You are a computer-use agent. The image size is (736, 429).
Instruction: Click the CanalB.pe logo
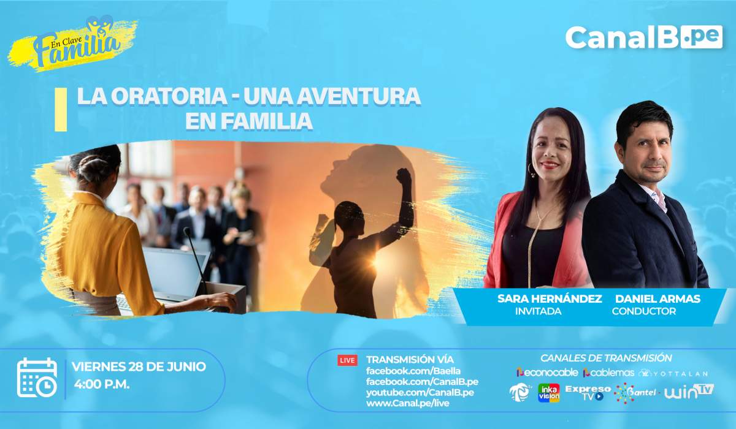[643, 37]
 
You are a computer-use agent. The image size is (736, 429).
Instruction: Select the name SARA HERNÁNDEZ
[550, 298]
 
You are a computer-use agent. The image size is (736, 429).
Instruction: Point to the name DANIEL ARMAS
[657, 298]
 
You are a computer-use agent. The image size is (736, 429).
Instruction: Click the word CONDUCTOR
[643, 311]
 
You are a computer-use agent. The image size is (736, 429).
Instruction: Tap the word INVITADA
[539, 311]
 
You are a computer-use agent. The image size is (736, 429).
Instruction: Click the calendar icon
[37, 378]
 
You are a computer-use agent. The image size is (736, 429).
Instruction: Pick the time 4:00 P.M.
[102, 384]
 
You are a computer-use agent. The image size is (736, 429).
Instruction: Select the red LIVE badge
[347, 360]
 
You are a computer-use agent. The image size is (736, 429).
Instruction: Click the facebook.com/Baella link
[413, 371]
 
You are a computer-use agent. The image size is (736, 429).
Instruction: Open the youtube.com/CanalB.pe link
[420, 393]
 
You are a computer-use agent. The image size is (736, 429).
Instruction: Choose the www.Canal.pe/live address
[408, 403]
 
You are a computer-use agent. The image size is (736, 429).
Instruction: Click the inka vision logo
[549, 393]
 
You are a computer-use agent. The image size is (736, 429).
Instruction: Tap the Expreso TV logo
[588, 393]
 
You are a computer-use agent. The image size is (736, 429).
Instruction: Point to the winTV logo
[689, 392]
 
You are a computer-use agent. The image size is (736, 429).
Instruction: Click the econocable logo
[547, 373]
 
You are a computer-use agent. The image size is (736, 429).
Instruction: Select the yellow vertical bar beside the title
[61, 110]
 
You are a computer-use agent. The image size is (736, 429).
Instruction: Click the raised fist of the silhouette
[404, 177]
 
